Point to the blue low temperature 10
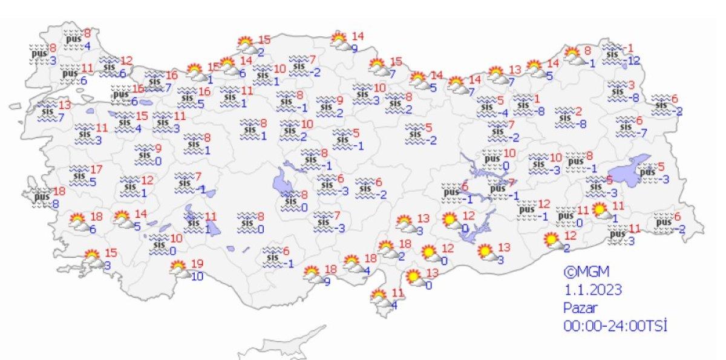pos(197,277)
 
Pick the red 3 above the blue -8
pos(630,85)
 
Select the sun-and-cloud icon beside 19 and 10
pos(178,267)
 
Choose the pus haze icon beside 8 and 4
pos(73,38)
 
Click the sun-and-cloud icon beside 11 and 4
pos(379,298)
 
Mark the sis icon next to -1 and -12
pos(613,53)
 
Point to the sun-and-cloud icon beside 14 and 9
pos(340,41)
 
